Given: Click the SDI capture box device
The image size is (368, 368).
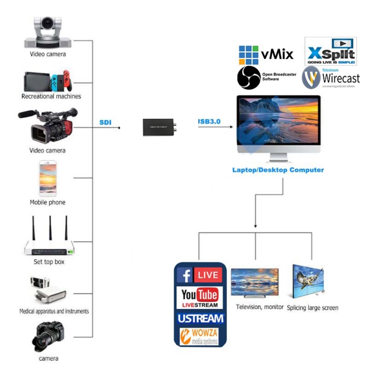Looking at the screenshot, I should [160, 127].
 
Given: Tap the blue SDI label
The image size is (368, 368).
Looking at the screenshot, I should [105, 122].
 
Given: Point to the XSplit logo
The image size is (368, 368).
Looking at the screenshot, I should [330, 51].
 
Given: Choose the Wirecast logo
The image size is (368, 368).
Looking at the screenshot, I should [331, 78].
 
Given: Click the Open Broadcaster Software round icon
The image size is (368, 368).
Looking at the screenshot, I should [248, 78].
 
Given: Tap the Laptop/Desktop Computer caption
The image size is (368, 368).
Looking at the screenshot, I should [278, 170].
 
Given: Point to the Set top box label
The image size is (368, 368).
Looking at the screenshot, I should [49, 262].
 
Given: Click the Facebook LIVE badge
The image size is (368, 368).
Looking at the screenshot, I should [200, 275].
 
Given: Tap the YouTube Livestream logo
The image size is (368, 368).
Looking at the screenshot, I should [199, 297].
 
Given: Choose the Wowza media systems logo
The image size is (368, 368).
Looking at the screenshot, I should [199, 337].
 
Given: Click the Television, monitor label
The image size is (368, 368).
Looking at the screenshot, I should [260, 307].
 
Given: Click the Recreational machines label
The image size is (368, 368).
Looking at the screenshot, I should [51, 96].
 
